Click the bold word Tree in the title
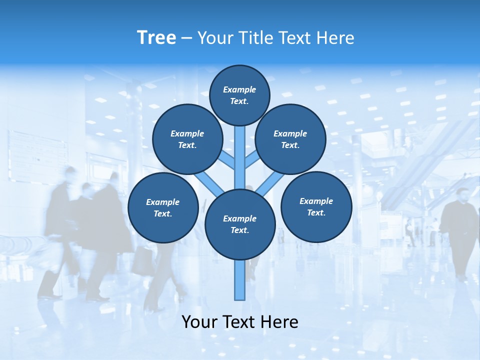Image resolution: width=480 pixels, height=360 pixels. point(156,37)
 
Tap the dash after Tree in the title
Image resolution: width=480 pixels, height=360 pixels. point(186,38)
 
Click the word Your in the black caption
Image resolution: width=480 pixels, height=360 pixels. point(199,321)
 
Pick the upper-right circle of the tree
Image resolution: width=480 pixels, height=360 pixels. point(290,139)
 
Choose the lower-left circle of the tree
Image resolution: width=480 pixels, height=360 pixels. point(163,207)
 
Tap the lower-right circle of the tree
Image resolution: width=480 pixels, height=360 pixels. point(316,206)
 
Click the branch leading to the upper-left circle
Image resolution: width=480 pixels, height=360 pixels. point(227,160)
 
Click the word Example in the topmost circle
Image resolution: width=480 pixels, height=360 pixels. point(239,89)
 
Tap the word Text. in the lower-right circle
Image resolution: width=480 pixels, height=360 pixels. point(316,212)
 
